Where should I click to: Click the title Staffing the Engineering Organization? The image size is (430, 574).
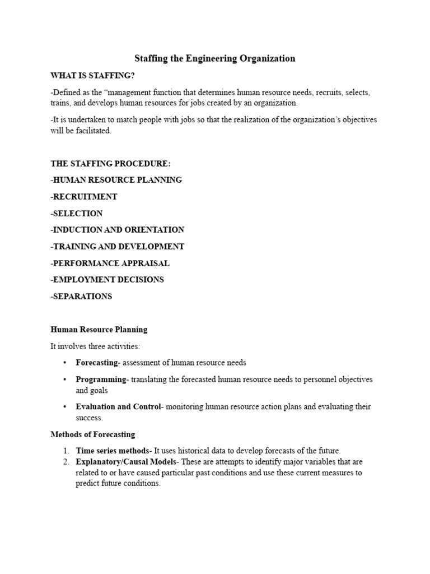click(x=214, y=58)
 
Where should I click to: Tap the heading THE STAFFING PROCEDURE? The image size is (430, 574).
click(x=110, y=164)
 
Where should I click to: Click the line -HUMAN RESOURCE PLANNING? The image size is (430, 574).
click(x=116, y=180)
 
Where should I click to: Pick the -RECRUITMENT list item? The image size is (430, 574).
click(x=84, y=197)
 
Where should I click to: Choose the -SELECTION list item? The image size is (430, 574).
click(x=77, y=213)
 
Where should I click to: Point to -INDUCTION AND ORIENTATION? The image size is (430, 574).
click(x=117, y=230)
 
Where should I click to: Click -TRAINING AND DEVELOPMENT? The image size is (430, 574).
click(x=117, y=246)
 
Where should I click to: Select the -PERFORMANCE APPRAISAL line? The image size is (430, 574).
click(x=110, y=263)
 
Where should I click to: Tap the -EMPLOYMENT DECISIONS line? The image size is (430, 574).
click(x=107, y=279)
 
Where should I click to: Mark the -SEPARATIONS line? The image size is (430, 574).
click(x=81, y=296)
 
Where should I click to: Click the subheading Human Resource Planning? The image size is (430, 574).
click(x=99, y=329)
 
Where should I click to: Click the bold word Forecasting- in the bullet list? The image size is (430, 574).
click(x=98, y=363)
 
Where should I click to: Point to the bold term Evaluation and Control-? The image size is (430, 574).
click(x=119, y=406)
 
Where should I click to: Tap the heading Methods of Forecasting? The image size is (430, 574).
click(x=93, y=434)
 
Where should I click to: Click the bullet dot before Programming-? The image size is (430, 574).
click(x=65, y=379)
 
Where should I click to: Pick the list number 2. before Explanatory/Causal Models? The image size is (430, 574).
click(x=66, y=462)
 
